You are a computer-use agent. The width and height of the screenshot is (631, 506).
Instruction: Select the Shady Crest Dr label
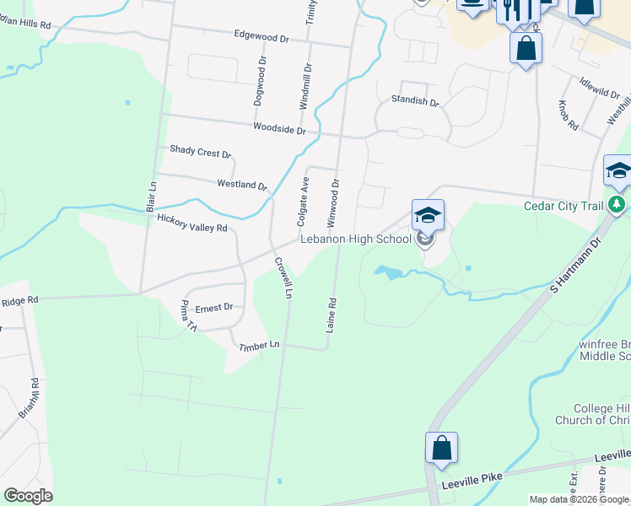pos(200,152)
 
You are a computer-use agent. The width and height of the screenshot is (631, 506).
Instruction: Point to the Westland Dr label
pos(241,184)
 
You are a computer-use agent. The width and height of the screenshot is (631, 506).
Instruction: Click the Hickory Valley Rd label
pos(192,223)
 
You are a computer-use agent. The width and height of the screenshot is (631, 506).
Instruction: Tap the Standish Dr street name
pos(415,102)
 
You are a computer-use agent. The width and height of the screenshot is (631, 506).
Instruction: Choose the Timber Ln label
pos(259,346)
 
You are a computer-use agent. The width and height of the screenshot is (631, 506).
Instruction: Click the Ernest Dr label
pos(213,308)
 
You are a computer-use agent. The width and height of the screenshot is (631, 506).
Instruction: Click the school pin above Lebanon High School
pos(428,215)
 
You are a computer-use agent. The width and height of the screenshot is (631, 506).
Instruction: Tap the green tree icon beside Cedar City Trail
pos(618,205)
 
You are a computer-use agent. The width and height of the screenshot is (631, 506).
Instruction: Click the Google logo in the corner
pos(28,496)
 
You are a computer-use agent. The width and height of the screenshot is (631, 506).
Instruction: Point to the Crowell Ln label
pos(283,278)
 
